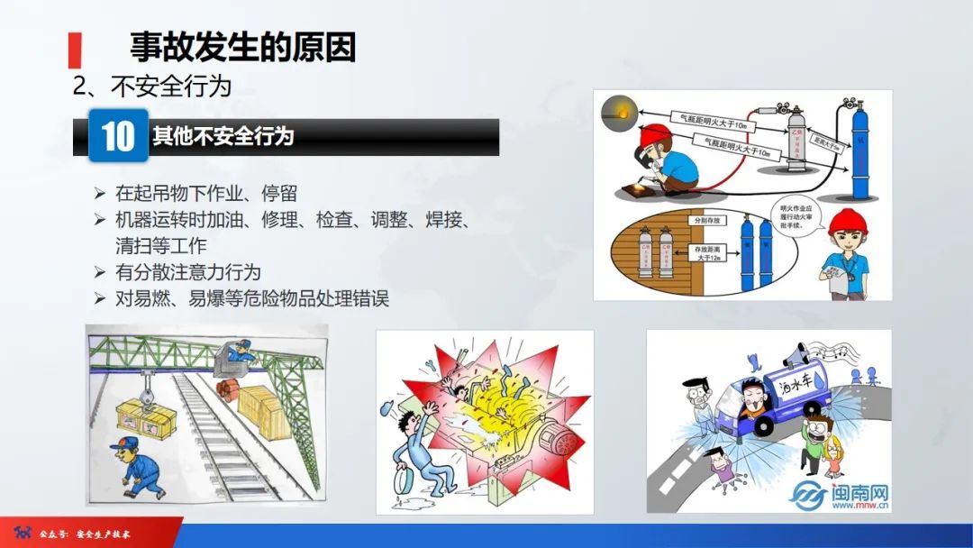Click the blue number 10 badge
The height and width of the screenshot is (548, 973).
(x=118, y=136)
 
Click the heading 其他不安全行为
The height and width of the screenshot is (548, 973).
(x=223, y=137)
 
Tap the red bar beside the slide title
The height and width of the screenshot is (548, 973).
(x=76, y=50)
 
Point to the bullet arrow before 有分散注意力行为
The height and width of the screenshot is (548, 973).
(x=100, y=272)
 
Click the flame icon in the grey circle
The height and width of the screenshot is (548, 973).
(x=618, y=113)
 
